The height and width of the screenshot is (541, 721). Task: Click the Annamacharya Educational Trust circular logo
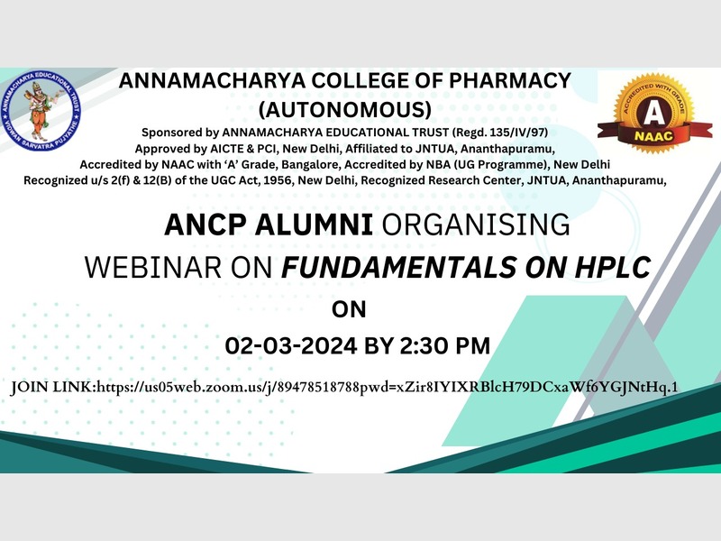coord(41,111)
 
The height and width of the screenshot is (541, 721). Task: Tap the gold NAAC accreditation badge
coord(654,113)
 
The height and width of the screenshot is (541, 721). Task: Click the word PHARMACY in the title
coord(510,81)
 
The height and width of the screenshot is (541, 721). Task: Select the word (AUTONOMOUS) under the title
coord(345,109)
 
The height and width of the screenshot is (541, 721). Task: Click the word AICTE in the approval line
coord(224,149)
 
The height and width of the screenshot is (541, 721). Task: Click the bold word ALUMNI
coord(314,225)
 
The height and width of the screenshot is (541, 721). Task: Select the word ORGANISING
coord(477,225)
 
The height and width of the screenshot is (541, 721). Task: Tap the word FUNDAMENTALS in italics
coord(398,267)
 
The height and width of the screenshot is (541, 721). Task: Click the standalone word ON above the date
coord(349,309)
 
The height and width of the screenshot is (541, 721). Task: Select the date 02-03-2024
coord(290,346)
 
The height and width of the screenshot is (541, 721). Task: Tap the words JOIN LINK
coord(51,388)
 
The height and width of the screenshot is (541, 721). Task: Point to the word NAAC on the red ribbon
coord(653,136)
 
